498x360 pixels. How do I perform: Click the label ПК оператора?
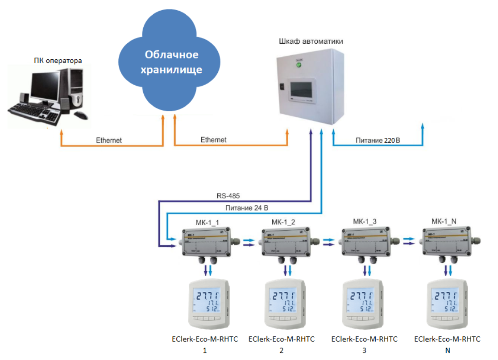pos(58,60)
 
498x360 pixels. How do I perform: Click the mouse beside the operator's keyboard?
pos(80,116)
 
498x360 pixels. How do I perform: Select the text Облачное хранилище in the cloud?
pos(171,62)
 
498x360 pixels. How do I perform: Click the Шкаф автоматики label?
pos(311,41)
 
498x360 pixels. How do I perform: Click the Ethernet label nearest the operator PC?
pos(108,140)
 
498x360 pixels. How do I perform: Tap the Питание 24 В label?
pos(246,207)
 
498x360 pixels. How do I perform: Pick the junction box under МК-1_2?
pos(286,242)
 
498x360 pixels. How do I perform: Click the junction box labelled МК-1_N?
pos(446,242)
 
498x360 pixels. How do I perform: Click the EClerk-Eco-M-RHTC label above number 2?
pos(281,339)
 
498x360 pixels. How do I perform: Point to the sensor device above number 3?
pos(365,304)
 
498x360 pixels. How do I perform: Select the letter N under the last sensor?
pos(447,350)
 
